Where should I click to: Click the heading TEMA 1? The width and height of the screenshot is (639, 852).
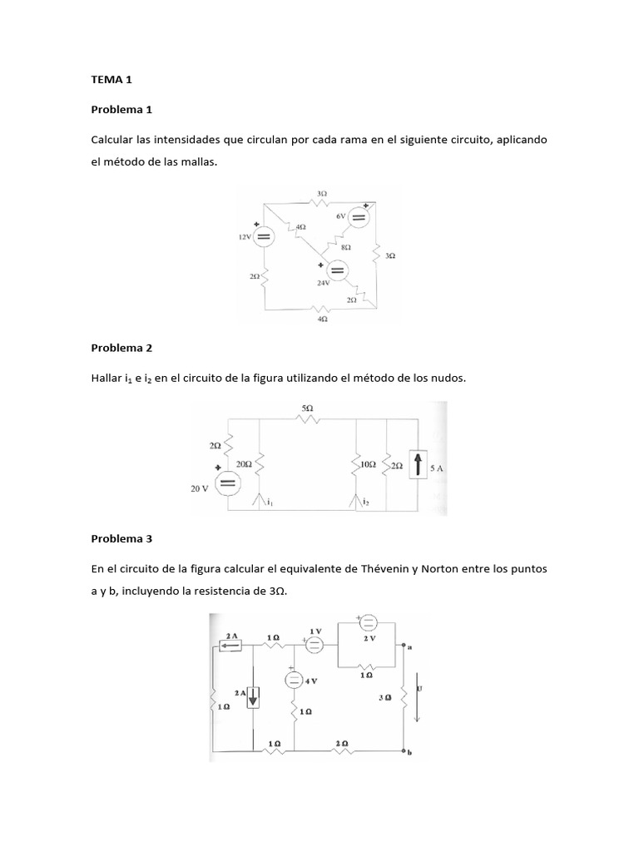point(111,80)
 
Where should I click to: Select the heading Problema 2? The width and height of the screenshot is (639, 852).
point(121,348)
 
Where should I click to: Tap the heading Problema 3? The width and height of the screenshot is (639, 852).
point(121,538)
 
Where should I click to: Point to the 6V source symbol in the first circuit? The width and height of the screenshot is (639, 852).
point(359,218)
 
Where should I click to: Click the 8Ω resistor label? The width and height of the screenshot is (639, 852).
point(346,247)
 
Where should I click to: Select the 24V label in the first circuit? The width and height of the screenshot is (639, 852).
point(324,283)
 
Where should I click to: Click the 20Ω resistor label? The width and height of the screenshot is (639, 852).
point(244,463)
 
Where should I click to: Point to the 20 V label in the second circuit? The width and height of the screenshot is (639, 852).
point(201,489)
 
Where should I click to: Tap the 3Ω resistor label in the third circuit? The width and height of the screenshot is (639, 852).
point(384,697)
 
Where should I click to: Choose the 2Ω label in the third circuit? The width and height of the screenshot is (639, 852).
point(342,742)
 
